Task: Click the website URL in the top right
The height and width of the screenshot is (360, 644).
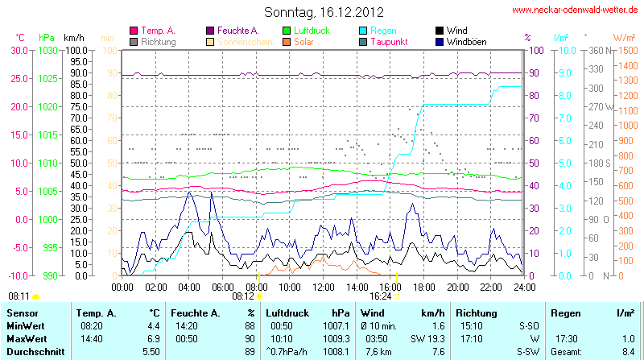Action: (x=576, y=10)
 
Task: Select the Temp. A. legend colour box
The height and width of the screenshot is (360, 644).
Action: (x=134, y=31)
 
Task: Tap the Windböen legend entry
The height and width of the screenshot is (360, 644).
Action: (x=466, y=41)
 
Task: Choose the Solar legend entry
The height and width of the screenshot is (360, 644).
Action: (x=303, y=41)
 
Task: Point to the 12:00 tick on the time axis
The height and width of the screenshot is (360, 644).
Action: (x=324, y=286)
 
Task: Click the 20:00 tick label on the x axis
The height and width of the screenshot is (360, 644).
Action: (x=458, y=286)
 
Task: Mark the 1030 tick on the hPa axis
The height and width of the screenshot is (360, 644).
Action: (x=47, y=50)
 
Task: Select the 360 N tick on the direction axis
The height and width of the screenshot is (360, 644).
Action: (x=597, y=50)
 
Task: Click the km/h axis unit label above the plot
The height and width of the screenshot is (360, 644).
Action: (x=74, y=38)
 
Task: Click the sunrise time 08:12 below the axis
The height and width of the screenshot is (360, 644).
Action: (x=243, y=296)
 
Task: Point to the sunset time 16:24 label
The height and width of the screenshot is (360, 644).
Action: (x=369, y=296)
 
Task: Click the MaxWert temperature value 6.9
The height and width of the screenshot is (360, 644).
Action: (x=153, y=339)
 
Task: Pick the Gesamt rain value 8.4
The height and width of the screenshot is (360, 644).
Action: (x=628, y=352)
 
